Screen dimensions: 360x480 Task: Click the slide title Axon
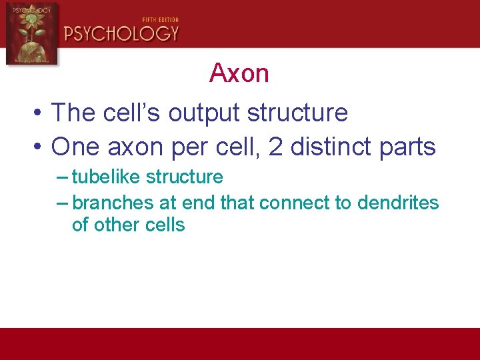coord(239,73)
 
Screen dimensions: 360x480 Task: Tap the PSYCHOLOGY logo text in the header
coord(121,33)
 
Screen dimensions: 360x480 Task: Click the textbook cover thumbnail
coord(31,33)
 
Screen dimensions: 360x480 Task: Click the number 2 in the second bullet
coord(275,147)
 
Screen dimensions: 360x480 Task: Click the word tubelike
coord(106,177)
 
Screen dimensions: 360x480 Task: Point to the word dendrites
coord(398,203)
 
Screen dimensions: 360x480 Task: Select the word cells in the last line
coord(165,225)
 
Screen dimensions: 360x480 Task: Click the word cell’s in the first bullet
coord(131,113)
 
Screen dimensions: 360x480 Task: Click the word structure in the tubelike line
coord(185,177)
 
